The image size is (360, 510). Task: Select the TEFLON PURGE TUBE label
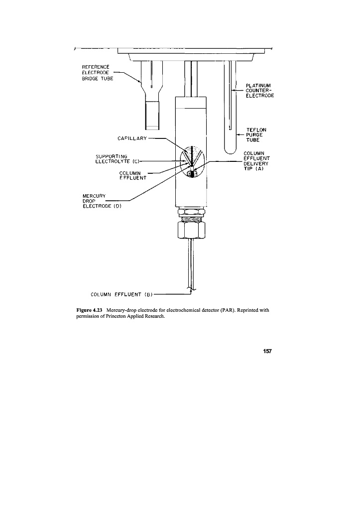(256, 134)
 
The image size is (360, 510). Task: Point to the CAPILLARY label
(130, 137)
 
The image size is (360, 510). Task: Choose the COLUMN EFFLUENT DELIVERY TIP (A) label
(257, 160)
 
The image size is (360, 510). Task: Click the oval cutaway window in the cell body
(191, 161)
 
